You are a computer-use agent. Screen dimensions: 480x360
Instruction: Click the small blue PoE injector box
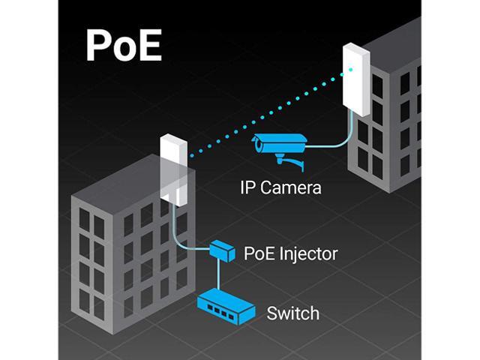pos(223,249)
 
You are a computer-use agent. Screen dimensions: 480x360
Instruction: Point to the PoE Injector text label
pos(290,253)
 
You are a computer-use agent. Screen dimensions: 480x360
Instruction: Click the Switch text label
pos(292,313)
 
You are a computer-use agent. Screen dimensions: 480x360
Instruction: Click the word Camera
pos(298,187)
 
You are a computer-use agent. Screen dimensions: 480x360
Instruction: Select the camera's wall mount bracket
pos(289,159)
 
